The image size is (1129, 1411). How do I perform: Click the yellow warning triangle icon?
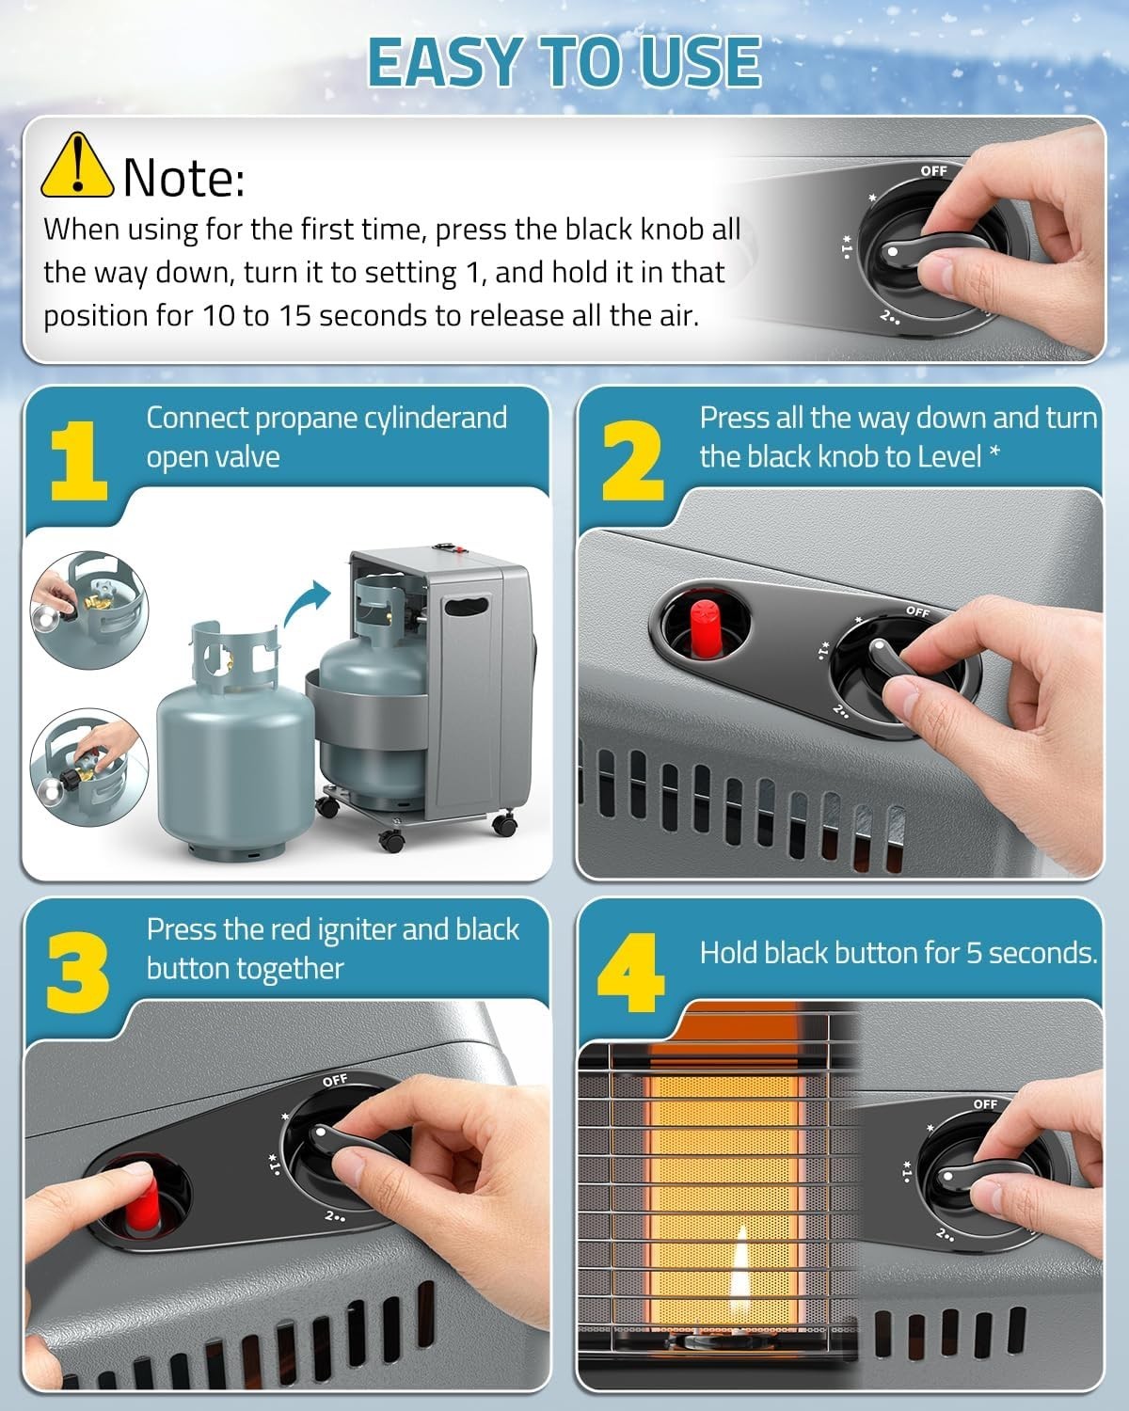77,166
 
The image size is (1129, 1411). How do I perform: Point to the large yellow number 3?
77,972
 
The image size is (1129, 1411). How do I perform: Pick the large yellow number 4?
630,972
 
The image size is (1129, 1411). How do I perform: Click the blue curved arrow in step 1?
307,602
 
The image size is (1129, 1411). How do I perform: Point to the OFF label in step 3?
335,1080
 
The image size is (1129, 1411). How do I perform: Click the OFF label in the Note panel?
933,170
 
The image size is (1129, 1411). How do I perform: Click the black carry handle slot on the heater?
467,606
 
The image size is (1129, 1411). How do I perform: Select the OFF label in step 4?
985,1104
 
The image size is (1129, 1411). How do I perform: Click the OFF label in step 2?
917,611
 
